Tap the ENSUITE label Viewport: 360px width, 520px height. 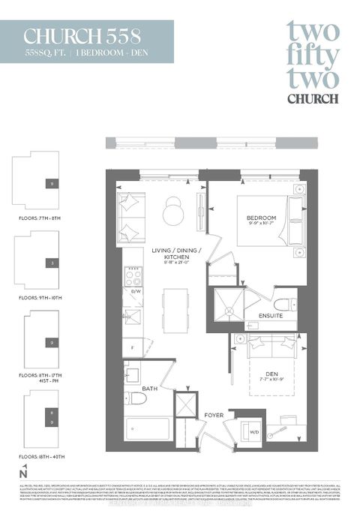271,316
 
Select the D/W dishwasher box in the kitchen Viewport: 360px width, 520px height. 136,290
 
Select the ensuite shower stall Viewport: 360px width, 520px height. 229,305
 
